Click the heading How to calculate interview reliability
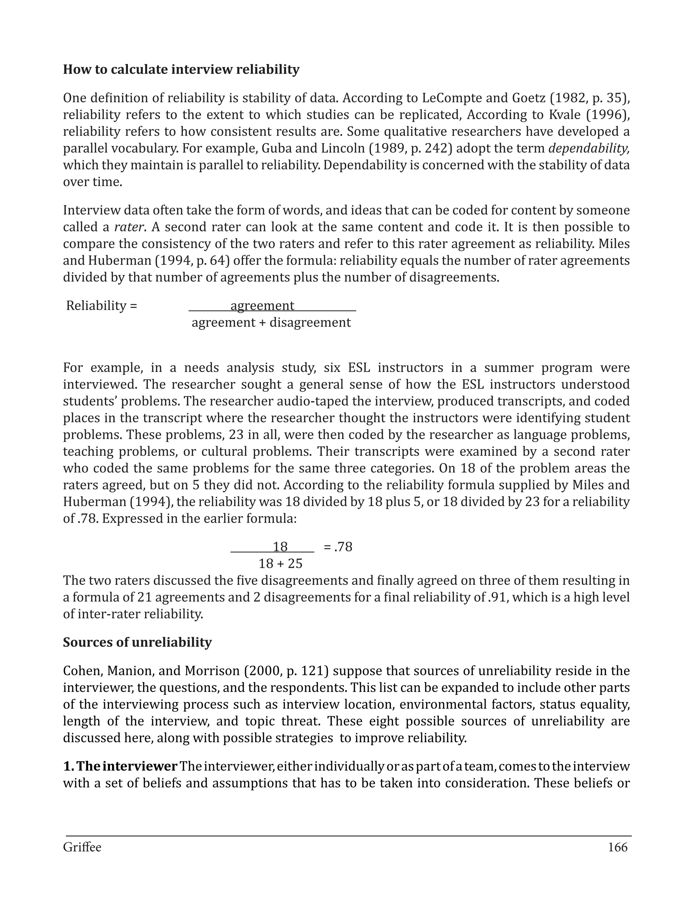pyautogui.click(x=181, y=69)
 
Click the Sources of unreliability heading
pyautogui.click(x=137, y=642)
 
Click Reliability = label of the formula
pyautogui.click(x=102, y=306)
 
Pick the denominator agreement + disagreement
pyautogui.click(x=271, y=322)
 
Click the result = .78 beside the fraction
pyautogui.click(x=338, y=547)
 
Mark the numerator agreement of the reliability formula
pyautogui.click(x=262, y=306)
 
